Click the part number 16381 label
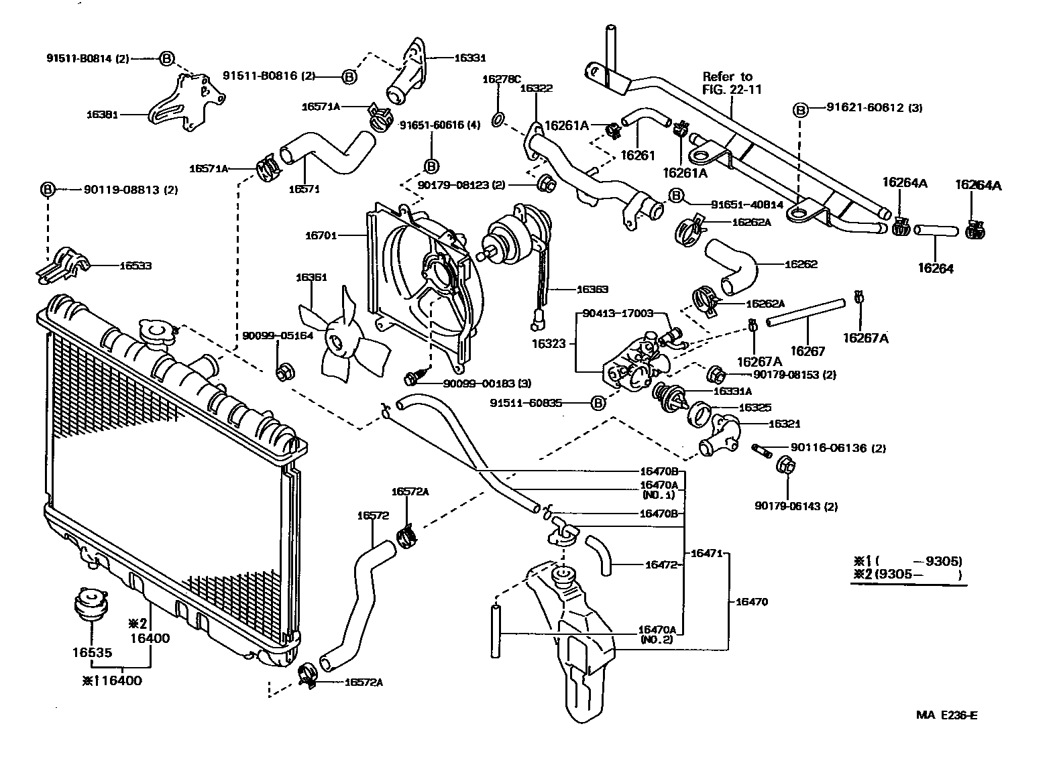(102, 115)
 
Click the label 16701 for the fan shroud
(321, 235)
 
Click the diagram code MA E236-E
(946, 715)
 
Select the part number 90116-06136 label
(829, 448)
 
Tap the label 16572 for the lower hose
(372, 516)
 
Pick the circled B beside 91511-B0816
(349, 76)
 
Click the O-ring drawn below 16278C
(497, 120)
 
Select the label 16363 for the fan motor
(592, 290)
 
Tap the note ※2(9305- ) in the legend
(907, 575)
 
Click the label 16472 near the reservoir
(661, 565)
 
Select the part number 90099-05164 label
(278, 335)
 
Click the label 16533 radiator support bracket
(135, 266)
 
